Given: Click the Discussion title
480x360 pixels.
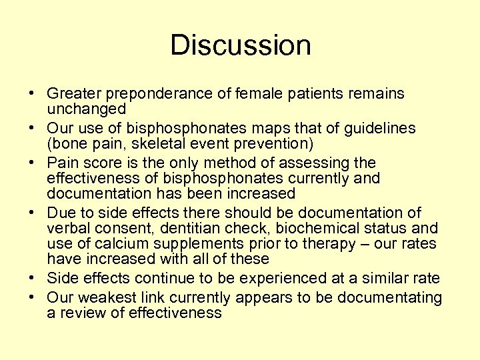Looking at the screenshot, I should click(x=240, y=45).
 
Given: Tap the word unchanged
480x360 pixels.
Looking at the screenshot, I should click(x=87, y=109).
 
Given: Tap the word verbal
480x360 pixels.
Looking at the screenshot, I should click(x=69, y=229).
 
